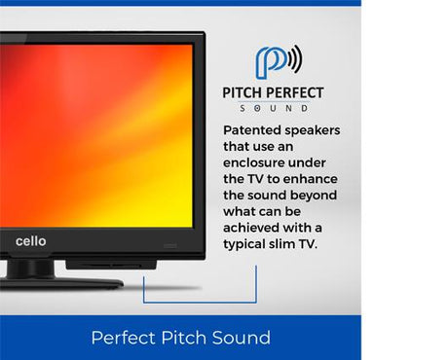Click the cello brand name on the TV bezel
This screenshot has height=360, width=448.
[x=30, y=241]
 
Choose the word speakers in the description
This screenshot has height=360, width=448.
[x=310, y=129]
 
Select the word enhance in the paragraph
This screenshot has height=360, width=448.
[x=310, y=178]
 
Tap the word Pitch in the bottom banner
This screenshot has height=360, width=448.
[x=177, y=339]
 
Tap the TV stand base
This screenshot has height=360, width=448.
[x=58, y=283]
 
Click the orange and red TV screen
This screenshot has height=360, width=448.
[x=97, y=136]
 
